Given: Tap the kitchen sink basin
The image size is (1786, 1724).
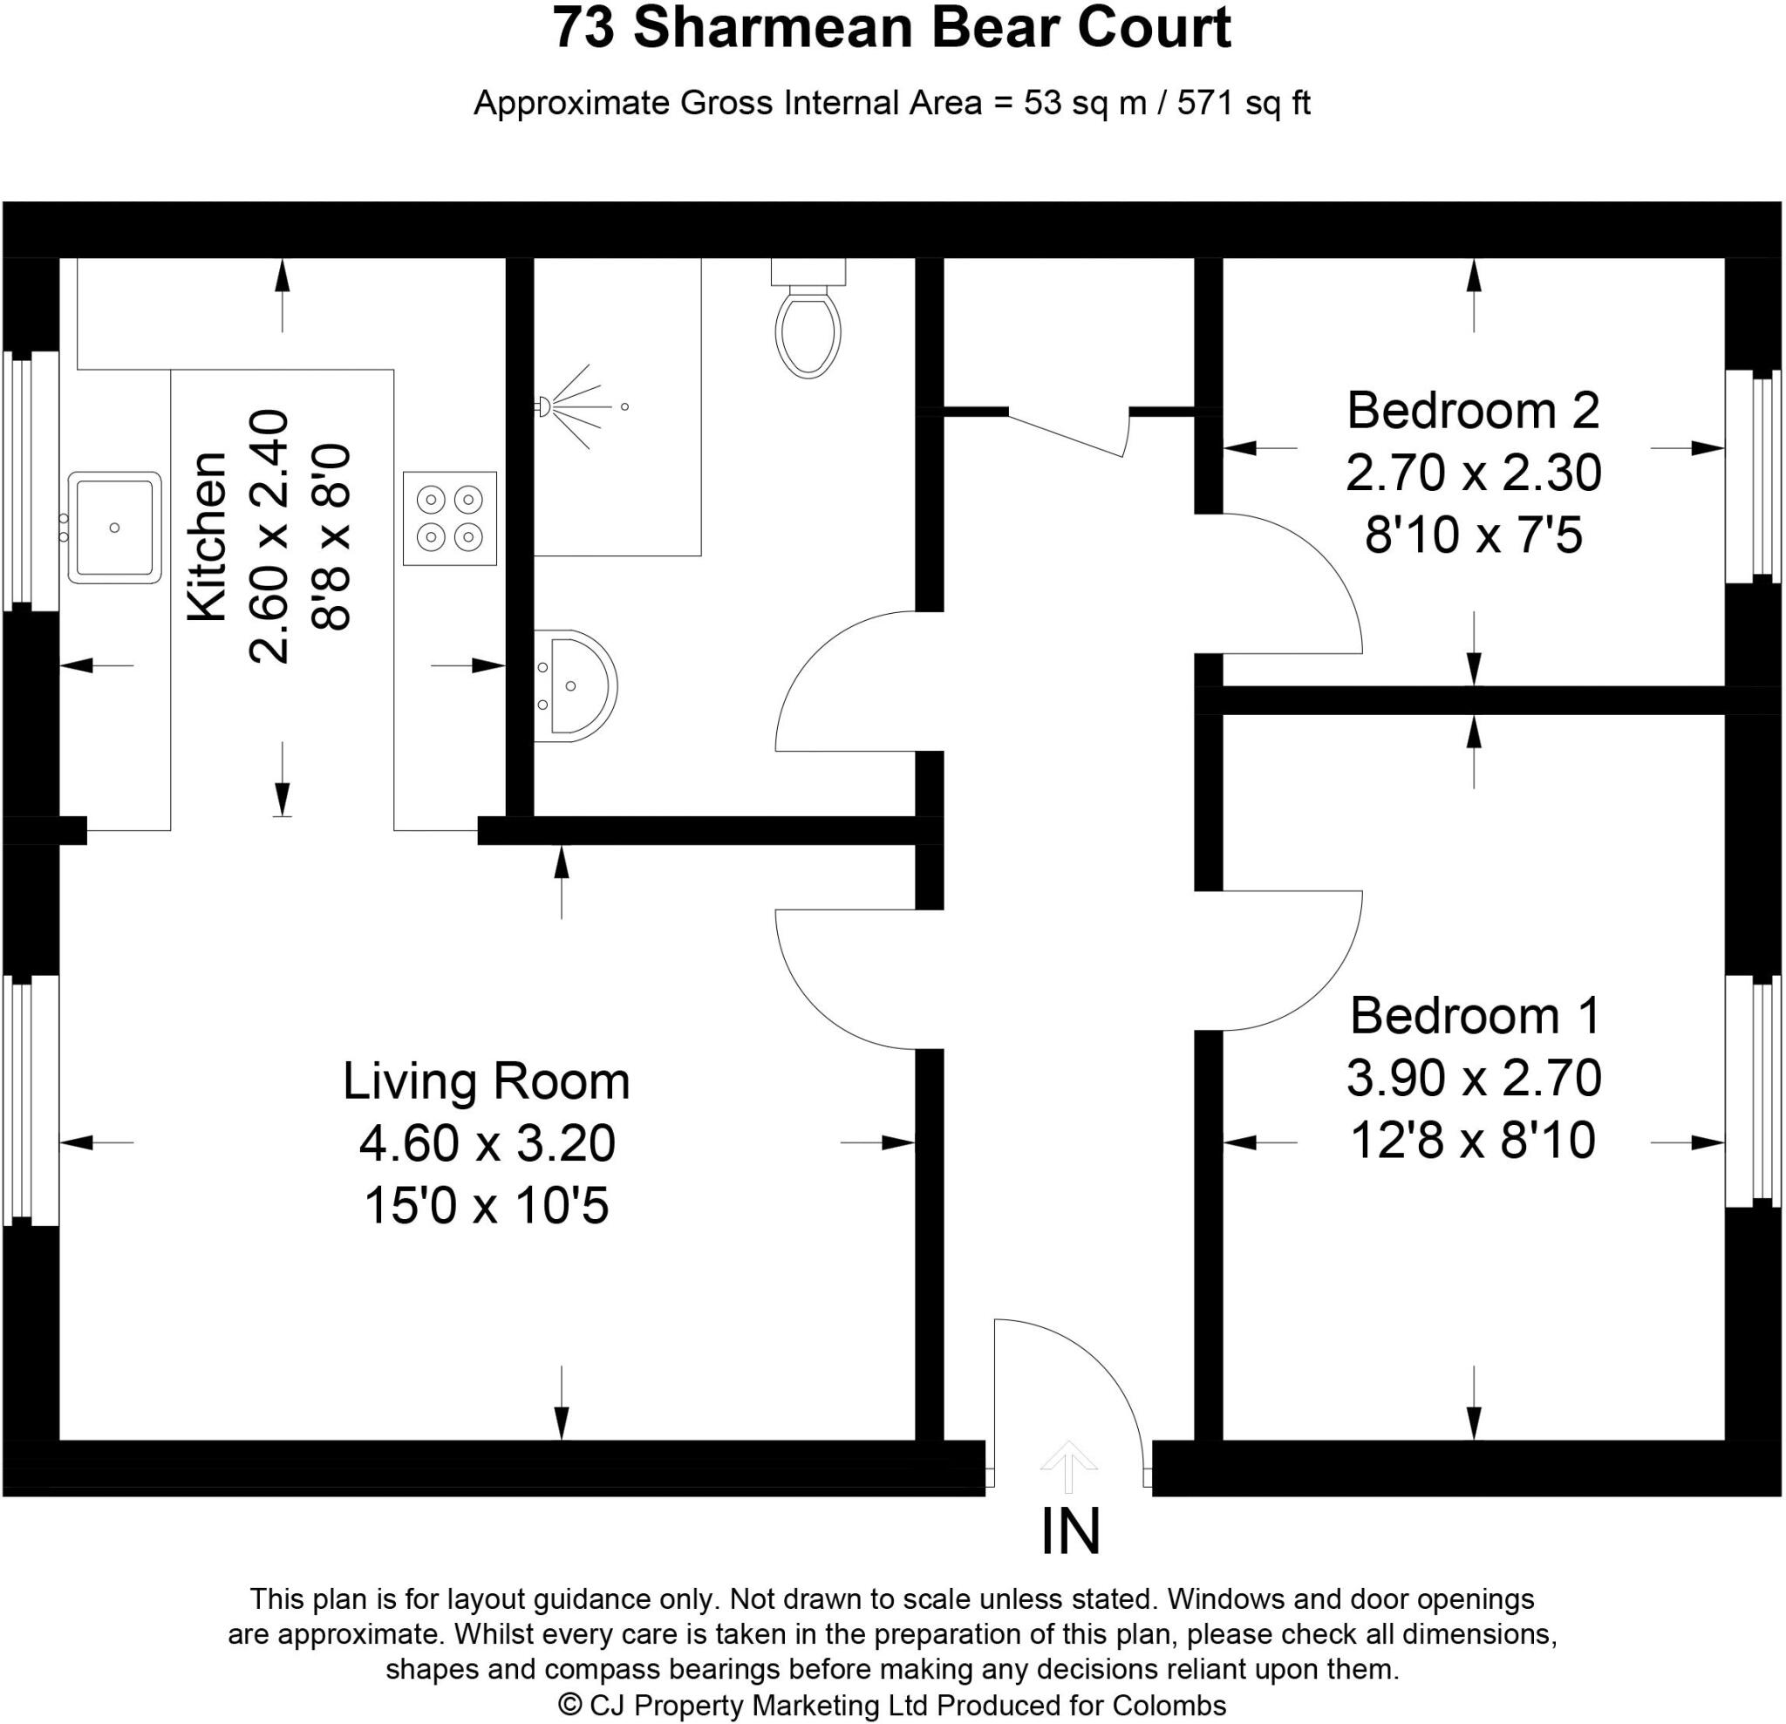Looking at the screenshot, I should (114, 528).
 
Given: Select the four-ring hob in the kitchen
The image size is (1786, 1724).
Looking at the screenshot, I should (450, 519).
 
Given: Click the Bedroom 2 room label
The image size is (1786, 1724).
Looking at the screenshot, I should (1474, 411).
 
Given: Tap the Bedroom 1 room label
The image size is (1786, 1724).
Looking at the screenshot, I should (1475, 1015).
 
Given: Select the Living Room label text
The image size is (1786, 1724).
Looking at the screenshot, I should (486, 1081).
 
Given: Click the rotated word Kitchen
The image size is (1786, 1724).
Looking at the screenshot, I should (208, 538).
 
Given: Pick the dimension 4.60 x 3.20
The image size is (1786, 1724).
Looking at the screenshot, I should (487, 1143).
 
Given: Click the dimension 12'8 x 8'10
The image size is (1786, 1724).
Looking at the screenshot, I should (1474, 1140).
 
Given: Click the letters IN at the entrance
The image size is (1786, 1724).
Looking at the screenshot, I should (1071, 1532).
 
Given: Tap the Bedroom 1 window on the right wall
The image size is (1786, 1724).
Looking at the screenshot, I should (1751, 1091).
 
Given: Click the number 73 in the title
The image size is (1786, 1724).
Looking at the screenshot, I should (583, 29).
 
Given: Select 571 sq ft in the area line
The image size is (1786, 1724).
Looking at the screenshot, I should (1243, 103).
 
